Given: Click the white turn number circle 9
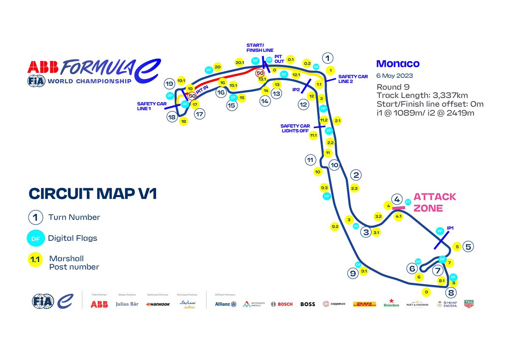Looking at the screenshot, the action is click(x=353, y=273).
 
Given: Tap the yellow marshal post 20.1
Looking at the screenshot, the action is click(x=239, y=63).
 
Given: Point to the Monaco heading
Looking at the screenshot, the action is click(x=398, y=64).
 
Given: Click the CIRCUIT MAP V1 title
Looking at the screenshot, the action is click(x=93, y=193).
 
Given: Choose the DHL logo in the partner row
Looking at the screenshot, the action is click(x=364, y=304).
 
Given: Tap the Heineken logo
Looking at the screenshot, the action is click(x=391, y=304).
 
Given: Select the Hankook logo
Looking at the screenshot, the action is click(x=157, y=304).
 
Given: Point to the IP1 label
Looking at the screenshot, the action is click(x=450, y=228).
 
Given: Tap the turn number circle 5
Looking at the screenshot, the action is click(x=468, y=246).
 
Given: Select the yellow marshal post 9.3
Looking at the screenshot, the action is click(x=324, y=187).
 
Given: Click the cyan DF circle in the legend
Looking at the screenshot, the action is click(x=36, y=238).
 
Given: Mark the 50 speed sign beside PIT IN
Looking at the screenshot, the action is click(x=192, y=96).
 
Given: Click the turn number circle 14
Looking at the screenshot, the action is click(x=265, y=101).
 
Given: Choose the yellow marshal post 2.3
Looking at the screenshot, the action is click(x=355, y=188).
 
